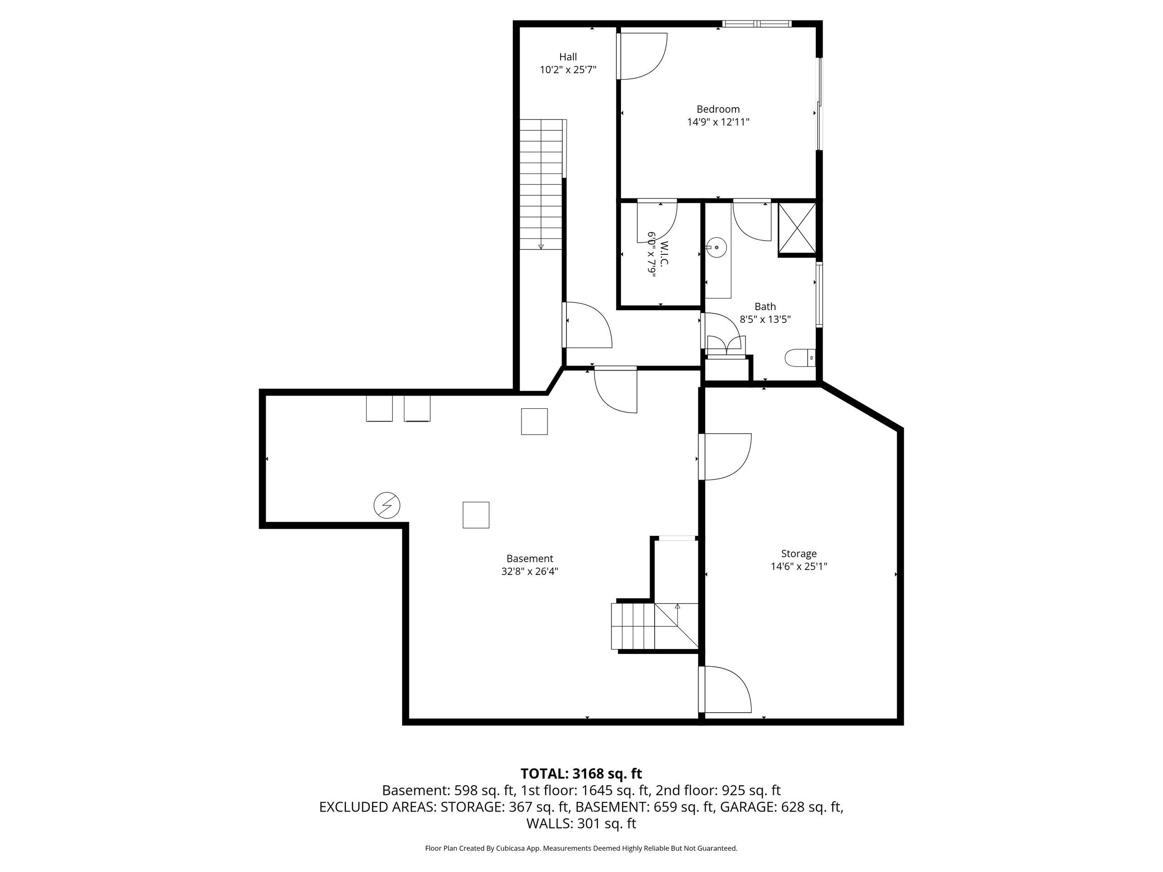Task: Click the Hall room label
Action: coord(568,57)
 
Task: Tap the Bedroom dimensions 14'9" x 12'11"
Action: coord(718,122)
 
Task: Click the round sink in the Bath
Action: coord(716,247)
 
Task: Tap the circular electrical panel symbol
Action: coord(387,505)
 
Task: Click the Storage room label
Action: coord(799,554)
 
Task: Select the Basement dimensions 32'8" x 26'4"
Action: coord(529,571)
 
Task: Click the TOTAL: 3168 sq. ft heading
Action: coord(581,774)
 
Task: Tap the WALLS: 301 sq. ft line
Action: coord(581,824)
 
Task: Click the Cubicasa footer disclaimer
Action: coord(581,848)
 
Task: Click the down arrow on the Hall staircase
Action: coord(541,246)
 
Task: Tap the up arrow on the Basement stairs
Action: coord(677,606)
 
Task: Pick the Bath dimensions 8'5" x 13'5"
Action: coord(765,319)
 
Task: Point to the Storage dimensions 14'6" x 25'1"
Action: coord(799,567)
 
